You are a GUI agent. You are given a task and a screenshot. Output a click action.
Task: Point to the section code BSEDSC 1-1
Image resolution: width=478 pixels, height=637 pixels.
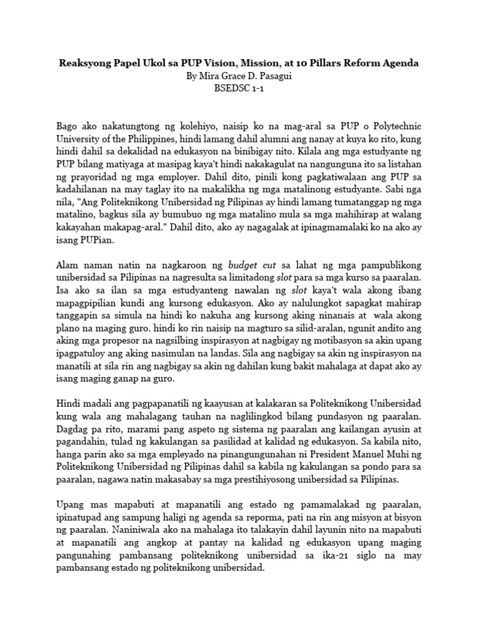coord(239,88)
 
